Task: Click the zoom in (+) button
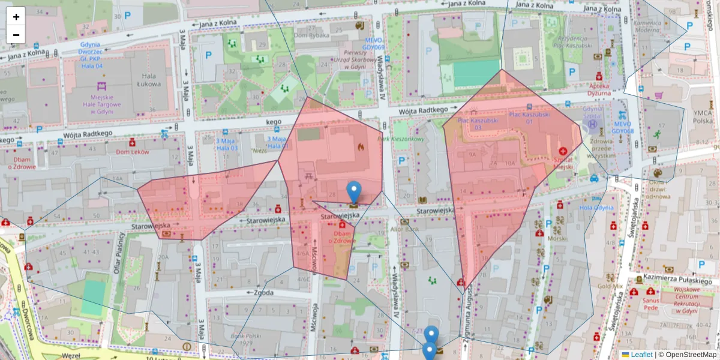[16, 17]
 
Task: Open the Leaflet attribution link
[641, 355]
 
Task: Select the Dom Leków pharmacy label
[132, 152]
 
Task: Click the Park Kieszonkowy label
[401, 139]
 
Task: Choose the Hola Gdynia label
[596, 208]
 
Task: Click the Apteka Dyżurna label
[599, 89]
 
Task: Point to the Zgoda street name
[263, 293]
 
